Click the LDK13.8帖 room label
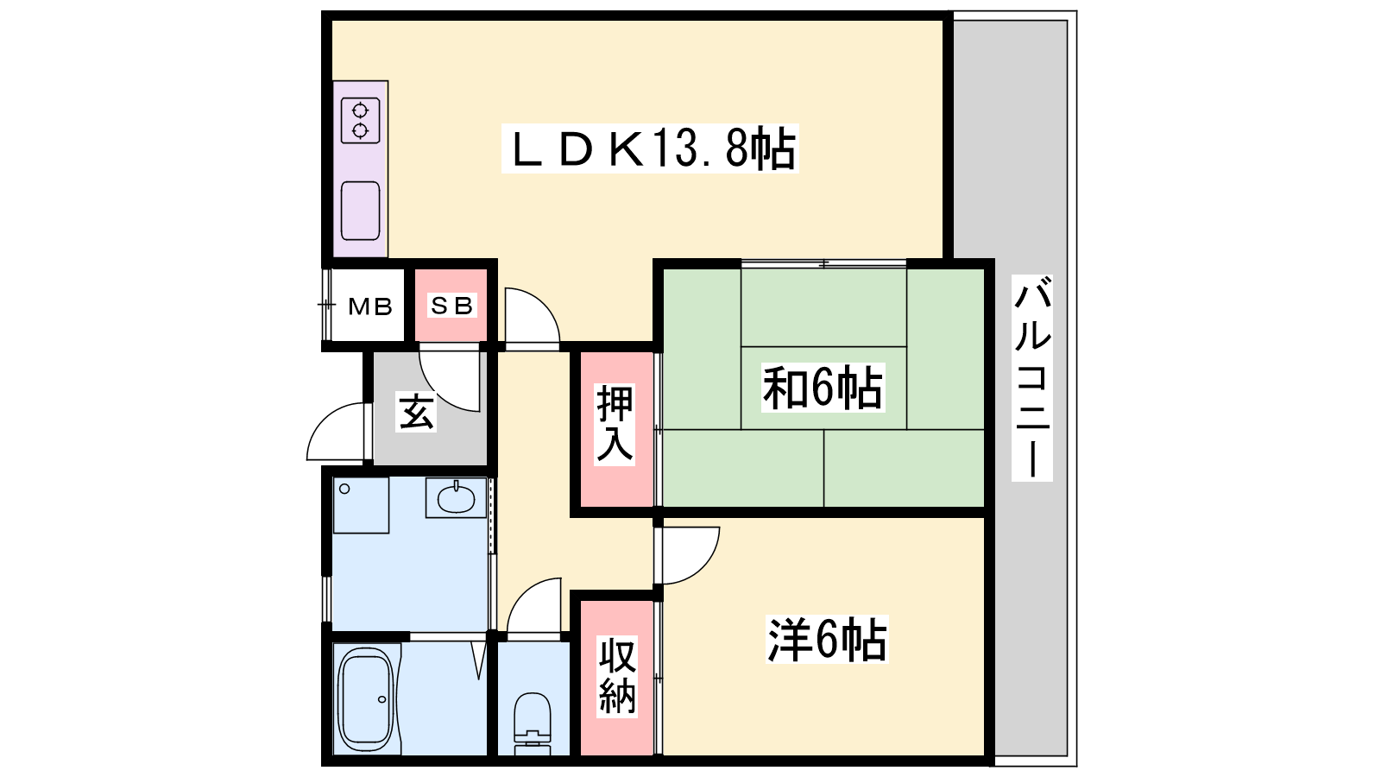tap(650, 148)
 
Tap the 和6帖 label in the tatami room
tap(823, 388)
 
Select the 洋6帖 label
tap(827, 640)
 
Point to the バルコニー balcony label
tap(1032, 378)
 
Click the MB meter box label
tap(370, 306)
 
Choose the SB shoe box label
tap(452, 306)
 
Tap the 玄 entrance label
tap(416, 411)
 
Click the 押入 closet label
tap(615, 424)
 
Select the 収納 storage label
tap(616, 677)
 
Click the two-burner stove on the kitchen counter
tap(360, 121)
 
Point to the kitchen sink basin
tap(360, 211)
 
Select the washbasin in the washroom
tap(456, 497)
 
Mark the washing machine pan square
tap(361, 504)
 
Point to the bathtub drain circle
tap(382, 699)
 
